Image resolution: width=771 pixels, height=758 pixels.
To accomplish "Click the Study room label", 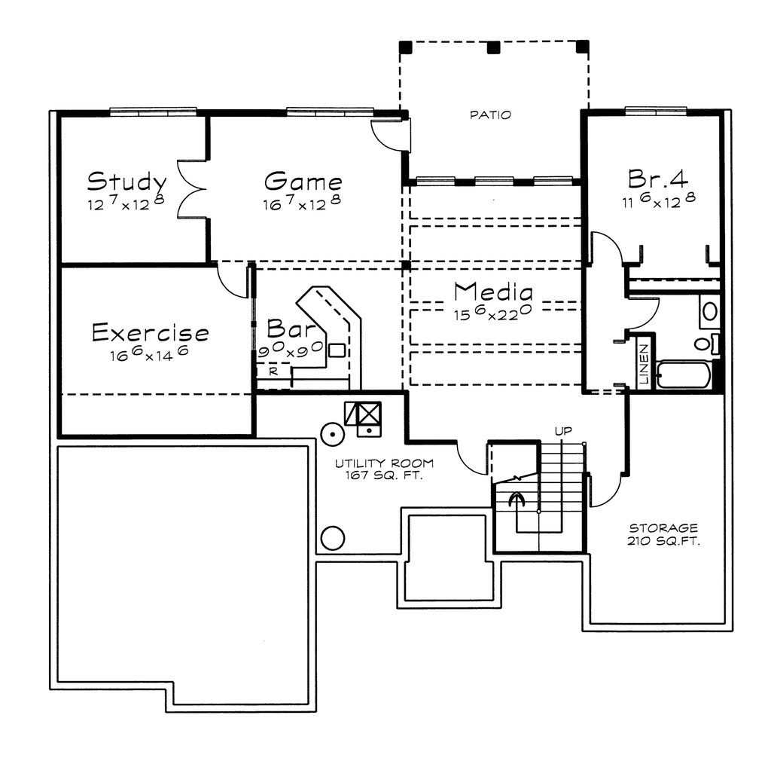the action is point(126,182).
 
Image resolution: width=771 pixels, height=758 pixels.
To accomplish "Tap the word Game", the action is point(303,181).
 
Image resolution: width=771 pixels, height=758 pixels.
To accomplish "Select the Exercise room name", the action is point(151,332).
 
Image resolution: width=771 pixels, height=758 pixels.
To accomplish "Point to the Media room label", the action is point(493,292).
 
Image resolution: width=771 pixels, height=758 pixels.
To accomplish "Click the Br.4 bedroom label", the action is point(658,179).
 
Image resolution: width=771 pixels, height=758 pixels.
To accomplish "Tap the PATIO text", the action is point(490,115).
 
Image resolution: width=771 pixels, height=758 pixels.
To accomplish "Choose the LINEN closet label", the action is point(644,364).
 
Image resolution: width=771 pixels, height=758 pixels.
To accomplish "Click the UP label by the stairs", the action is point(563,431).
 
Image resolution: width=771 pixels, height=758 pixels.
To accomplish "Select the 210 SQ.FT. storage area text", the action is point(663,542).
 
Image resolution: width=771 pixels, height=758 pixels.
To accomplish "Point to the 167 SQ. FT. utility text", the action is point(383,475).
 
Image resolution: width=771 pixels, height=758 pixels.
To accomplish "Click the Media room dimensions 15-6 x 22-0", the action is point(492,313).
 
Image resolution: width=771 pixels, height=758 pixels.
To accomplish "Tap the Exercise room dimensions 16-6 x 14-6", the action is point(150,353).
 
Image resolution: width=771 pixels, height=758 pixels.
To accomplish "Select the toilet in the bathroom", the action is point(708,343).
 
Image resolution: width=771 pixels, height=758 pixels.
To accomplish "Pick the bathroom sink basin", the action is point(709,311).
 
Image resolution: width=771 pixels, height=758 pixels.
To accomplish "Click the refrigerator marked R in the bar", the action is point(274,371).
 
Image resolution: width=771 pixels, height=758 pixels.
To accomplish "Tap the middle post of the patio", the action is point(494,47).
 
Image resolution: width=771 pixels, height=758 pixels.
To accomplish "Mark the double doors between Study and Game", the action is point(190,188).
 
